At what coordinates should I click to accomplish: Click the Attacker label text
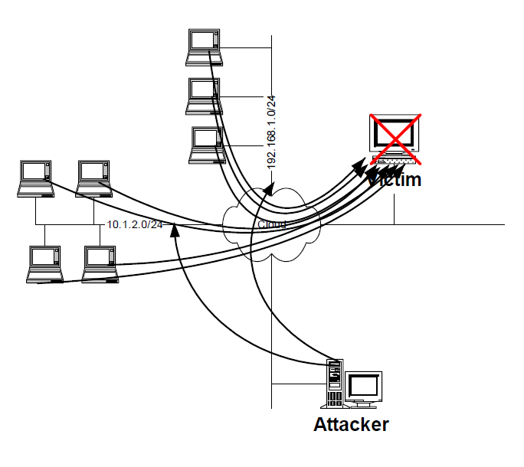coord(351,425)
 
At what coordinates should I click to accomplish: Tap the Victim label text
coord(395,181)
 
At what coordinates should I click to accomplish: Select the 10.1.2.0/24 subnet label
coord(135,224)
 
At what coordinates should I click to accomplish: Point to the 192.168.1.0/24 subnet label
coord(271,132)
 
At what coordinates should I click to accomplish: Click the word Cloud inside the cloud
coord(272,224)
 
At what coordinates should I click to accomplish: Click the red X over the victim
coord(395,138)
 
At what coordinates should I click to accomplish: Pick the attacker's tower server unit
coord(333,384)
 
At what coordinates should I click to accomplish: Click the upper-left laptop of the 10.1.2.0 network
coord(36,178)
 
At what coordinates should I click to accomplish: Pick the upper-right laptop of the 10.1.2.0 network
coord(94,178)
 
